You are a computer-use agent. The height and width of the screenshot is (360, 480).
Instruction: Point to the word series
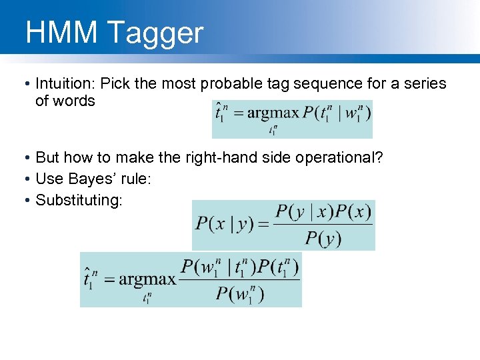pos(425,84)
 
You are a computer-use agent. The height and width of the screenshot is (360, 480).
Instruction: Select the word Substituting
pos(79,200)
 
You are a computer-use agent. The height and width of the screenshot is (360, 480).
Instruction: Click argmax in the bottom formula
pos(147,279)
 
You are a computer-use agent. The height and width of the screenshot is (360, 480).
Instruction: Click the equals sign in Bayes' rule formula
pos(261,225)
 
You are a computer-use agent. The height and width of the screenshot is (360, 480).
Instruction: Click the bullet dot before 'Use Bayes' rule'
pos(24,179)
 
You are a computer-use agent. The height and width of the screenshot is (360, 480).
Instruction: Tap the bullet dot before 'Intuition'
pos(24,85)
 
